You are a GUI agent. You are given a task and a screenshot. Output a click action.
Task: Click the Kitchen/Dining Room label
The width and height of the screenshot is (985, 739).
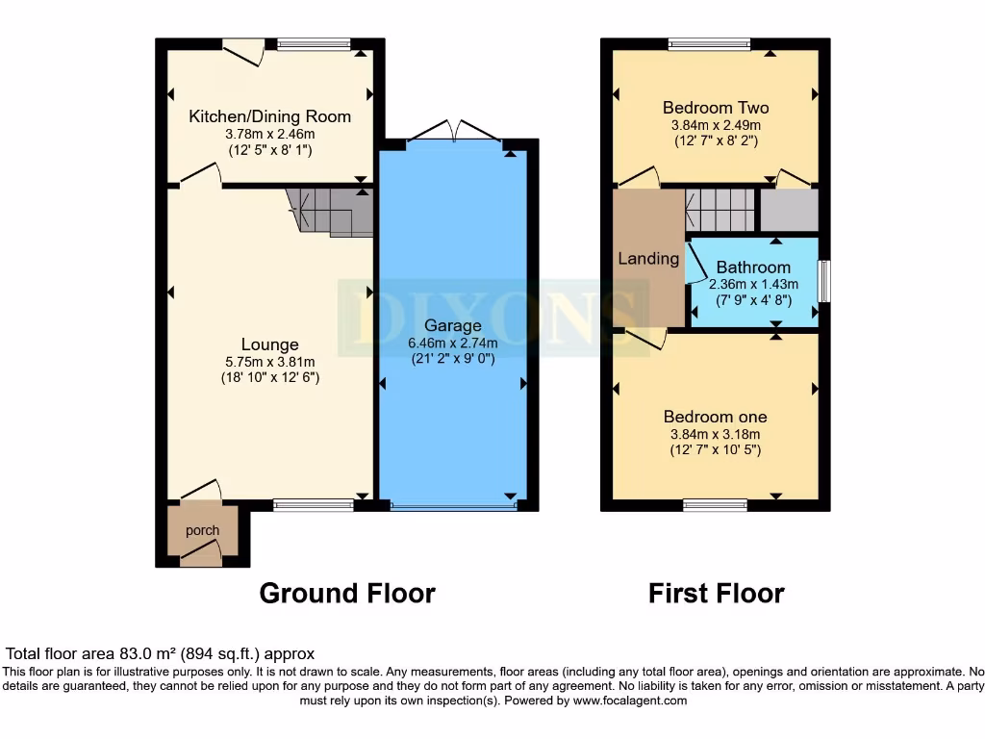point(269,116)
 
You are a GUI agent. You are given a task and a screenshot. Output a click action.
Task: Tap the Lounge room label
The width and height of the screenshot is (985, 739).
point(269,344)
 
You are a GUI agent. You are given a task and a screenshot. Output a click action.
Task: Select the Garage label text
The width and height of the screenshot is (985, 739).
point(452,325)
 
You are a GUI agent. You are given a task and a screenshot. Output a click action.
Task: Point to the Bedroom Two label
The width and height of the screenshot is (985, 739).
point(716,108)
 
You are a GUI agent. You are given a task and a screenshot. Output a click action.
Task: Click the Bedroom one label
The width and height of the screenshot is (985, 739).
point(715,417)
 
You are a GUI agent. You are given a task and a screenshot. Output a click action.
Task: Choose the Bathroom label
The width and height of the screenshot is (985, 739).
point(753,268)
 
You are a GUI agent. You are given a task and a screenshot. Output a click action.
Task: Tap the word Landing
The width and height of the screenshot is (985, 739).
point(648,258)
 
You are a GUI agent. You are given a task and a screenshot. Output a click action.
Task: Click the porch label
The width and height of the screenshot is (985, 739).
point(202,530)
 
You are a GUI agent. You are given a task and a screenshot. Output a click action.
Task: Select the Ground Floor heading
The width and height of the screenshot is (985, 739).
point(346,594)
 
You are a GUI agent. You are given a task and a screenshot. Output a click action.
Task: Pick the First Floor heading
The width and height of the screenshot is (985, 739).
point(716,594)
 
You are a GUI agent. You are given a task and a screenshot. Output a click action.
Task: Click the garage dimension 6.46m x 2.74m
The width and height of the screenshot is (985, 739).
point(452,344)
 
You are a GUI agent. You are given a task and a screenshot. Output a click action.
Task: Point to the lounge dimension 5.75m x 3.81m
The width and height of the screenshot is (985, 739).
point(269,362)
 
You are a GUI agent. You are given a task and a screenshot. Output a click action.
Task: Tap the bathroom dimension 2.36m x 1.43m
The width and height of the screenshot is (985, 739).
point(753,284)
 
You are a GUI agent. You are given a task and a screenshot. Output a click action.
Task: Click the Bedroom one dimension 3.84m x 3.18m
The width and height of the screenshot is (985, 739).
point(715,434)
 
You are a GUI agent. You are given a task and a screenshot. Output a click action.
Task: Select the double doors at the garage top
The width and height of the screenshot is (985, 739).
point(452,132)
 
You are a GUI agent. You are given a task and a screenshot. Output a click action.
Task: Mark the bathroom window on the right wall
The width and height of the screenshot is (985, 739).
point(823,282)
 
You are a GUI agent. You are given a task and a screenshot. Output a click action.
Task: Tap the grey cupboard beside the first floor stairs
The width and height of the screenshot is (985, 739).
point(789,210)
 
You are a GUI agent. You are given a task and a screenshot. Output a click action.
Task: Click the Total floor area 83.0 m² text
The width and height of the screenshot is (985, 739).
point(160,653)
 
